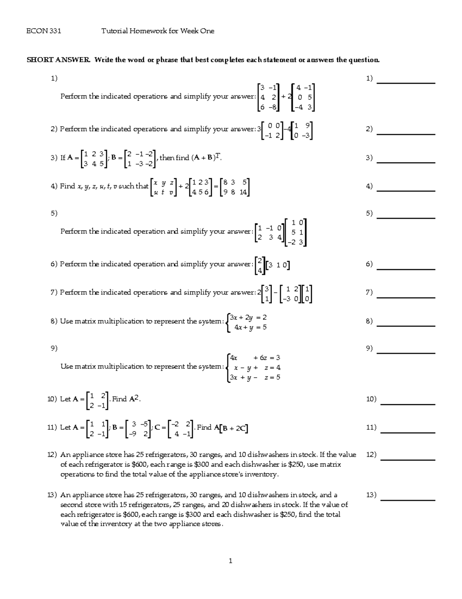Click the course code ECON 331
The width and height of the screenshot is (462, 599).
point(44,31)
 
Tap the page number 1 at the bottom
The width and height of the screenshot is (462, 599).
point(230,561)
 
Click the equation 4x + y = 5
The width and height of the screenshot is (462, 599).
point(250,327)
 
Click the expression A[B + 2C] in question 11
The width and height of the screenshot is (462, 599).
point(231,428)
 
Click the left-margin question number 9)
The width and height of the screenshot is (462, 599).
point(54,348)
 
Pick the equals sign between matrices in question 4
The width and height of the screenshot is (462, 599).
point(215,186)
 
